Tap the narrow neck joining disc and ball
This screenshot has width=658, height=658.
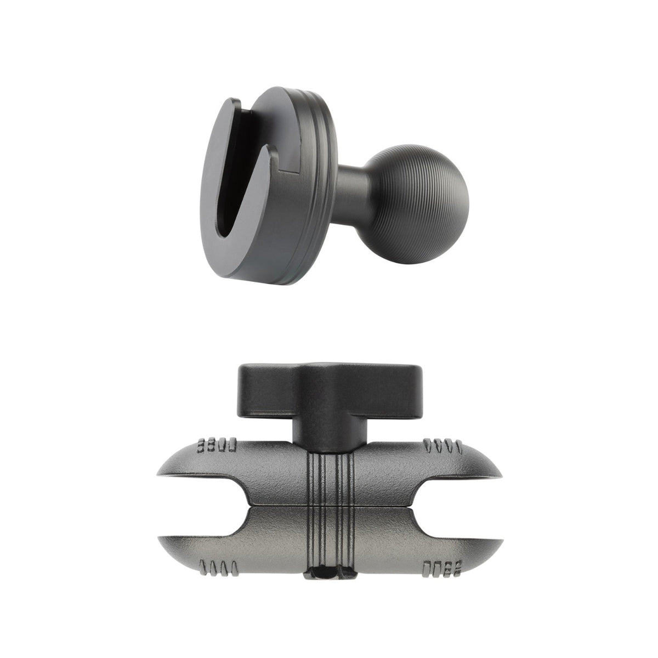(x=351, y=189)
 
